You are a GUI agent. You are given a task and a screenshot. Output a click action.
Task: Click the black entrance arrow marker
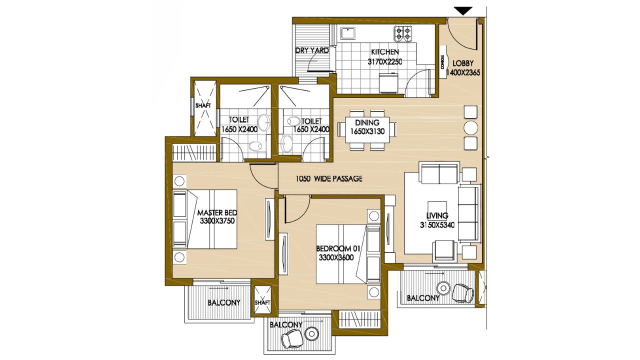(x=463, y=11)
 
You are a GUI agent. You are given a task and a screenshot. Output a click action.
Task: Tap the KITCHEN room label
(x=385, y=52)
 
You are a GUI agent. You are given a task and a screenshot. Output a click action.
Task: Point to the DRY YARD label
(x=311, y=50)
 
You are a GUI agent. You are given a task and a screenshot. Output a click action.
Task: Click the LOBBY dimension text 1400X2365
(x=463, y=72)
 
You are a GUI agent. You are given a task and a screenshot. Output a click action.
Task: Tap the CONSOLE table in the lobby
(x=442, y=61)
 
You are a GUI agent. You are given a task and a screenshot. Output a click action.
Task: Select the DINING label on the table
(x=367, y=122)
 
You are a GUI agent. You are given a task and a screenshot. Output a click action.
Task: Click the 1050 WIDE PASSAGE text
(x=329, y=179)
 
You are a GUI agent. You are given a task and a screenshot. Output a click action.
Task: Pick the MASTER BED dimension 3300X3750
(x=217, y=221)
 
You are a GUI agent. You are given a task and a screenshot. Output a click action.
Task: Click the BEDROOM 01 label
(x=337, y=248)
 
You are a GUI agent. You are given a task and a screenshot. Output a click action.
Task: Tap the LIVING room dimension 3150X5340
(x=437, y=225)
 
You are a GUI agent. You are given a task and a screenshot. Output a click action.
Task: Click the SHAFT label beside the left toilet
(x=203, y=105)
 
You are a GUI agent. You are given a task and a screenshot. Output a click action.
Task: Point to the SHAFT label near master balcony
(x=262, y=302)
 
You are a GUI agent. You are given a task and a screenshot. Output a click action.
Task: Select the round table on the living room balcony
(x=443, y=288)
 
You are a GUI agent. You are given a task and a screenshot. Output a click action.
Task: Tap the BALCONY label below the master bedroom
(x=223, y=302)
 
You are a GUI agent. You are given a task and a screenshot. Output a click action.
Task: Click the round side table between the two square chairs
(x=471, y=127)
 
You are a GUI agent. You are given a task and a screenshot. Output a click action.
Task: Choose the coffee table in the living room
(x=437, y=210)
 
